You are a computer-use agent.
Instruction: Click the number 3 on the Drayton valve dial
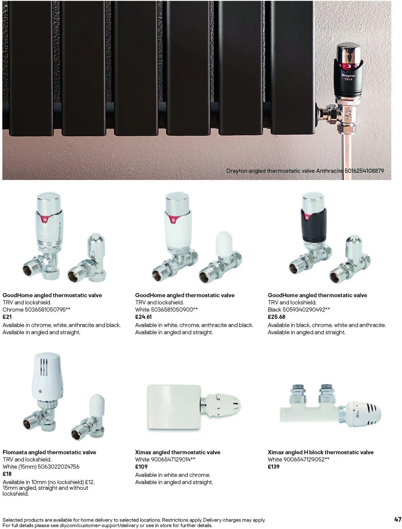pos(349,66)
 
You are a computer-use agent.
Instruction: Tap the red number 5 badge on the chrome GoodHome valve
pos(45,219)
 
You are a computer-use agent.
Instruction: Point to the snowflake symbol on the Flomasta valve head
pos(40,391)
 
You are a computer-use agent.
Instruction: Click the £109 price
pos(141,466)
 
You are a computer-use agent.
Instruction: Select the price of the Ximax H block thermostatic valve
pos(274,466)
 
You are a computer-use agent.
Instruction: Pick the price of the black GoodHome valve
pos(276,317)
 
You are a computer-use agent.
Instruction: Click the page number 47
pos(398,519)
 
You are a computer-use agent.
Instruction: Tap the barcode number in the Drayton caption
pos(364,171)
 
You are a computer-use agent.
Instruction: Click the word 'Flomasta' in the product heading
pos(15,452)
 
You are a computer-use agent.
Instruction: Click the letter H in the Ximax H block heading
pos(306,452)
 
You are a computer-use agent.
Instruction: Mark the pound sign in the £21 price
pos(4,317)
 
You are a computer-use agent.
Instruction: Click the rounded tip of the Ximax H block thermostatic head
pos(381,412)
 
